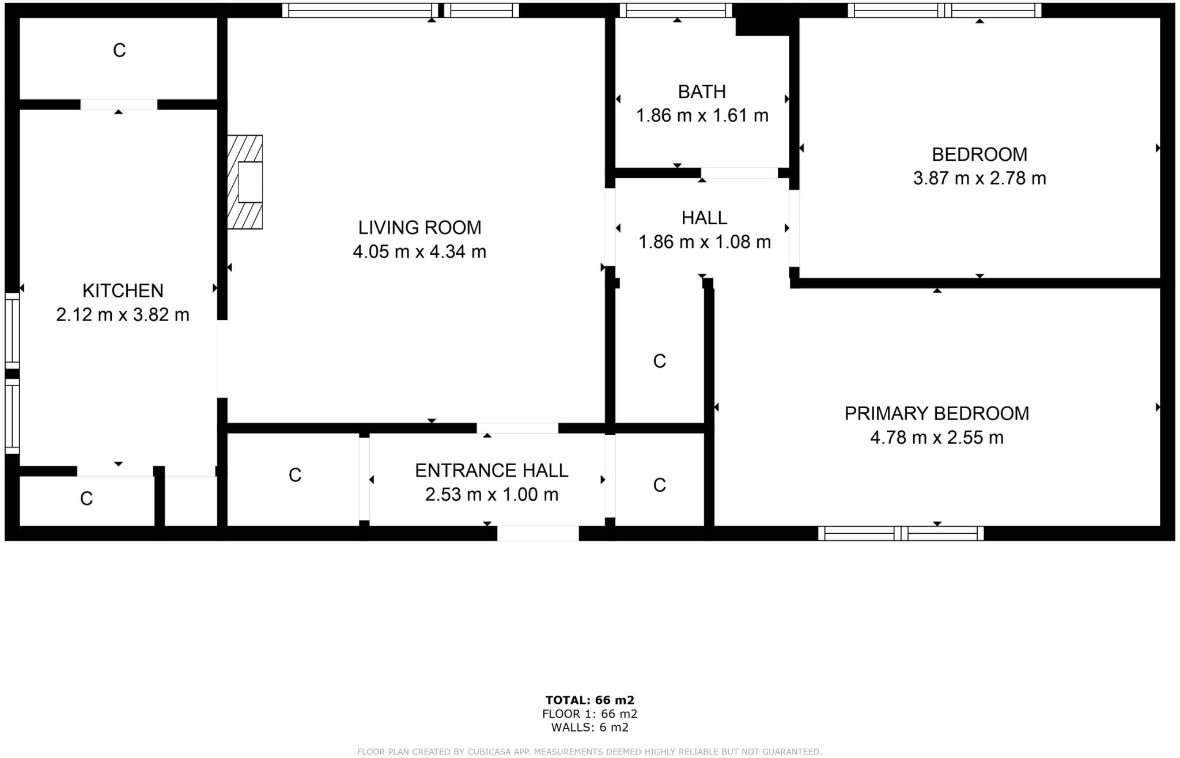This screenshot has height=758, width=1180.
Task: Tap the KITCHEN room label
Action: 123,290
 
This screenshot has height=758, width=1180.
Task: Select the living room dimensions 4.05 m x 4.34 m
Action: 419,252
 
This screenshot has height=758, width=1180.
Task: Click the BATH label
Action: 701,92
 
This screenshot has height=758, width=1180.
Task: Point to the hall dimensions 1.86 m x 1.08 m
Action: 704,242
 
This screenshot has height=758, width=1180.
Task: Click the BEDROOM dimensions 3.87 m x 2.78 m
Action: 979,178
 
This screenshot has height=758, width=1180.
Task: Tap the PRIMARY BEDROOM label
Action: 936,413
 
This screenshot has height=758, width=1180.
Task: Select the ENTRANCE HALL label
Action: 491,470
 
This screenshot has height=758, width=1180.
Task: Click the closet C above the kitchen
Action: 119,51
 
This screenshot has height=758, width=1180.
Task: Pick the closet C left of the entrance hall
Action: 295,475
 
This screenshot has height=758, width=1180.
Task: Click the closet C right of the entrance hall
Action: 659,485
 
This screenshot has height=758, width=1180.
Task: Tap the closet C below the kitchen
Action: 86,499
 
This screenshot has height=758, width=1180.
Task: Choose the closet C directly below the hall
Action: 659,361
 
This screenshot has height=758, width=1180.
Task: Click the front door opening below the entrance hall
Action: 538,533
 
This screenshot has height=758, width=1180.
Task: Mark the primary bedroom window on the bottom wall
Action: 901,533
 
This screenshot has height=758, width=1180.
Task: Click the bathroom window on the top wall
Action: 675,10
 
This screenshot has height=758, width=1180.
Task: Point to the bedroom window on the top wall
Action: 944,10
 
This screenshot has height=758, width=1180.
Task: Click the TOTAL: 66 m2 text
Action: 589,700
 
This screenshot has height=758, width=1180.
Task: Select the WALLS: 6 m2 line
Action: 589,727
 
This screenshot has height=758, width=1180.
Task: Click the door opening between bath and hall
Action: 739,173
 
